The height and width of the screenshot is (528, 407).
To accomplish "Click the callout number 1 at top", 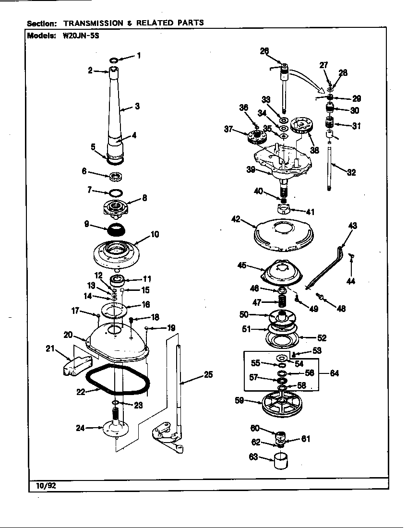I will click(x=139, y=56).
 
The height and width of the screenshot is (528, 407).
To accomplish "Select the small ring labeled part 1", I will click(x=114, y=60).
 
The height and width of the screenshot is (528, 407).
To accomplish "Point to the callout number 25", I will click(x=208, y=375).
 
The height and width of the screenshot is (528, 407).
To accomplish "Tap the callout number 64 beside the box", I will click(x=334, y=373).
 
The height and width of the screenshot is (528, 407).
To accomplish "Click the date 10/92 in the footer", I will click(x=46, y=485).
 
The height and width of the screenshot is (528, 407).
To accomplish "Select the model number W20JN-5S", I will click(x=81, y=36).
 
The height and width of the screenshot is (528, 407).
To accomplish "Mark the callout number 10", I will click(x=155, y=235).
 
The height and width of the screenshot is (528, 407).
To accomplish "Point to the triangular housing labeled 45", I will click(x=282, y=272).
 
